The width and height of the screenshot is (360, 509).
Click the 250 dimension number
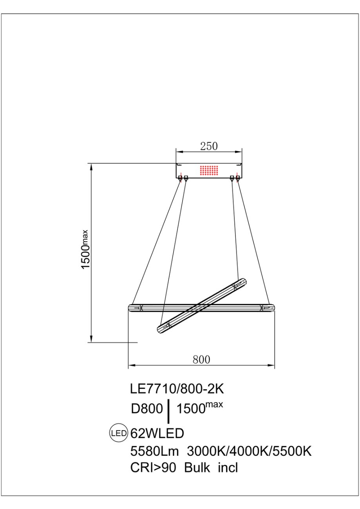pos(209,146)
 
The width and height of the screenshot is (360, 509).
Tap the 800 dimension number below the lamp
pos(201,359)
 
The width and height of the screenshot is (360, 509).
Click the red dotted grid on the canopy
pos(209,170)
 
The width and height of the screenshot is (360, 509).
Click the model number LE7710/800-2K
pos(177,389)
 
